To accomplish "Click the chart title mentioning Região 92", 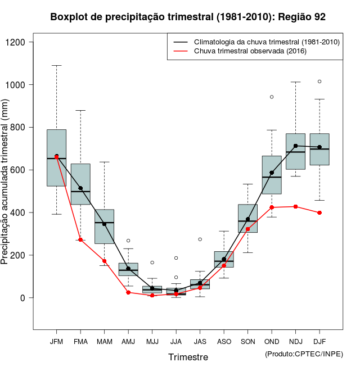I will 188,17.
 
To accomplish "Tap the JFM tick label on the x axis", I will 56,341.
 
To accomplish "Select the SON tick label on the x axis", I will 247,341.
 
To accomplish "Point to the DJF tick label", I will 319,341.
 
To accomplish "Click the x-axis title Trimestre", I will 188,357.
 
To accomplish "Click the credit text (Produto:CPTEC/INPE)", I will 304,354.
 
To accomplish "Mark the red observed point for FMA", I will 80,240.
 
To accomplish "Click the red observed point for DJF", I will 319,212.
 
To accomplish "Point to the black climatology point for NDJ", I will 295,146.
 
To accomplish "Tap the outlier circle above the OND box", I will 272,97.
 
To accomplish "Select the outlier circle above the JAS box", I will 200,239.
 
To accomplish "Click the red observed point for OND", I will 272,207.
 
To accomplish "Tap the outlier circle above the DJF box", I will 319,82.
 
